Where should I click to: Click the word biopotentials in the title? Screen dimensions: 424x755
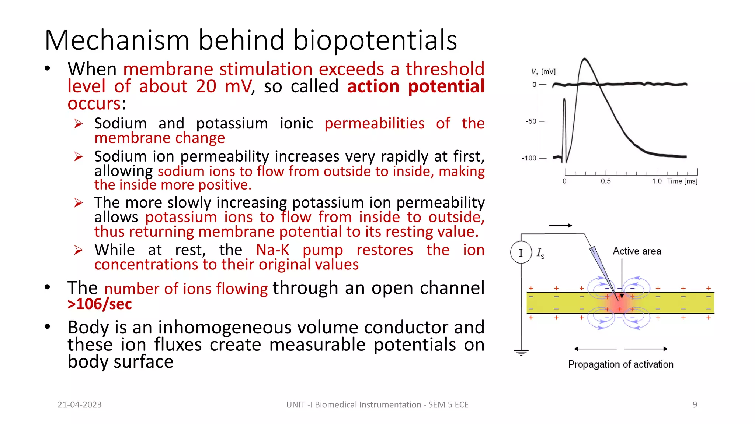[375, 40]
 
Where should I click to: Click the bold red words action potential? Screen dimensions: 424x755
[415, 86]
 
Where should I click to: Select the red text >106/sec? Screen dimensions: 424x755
[100, 304]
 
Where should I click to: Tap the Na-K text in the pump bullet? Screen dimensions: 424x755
[273, 250]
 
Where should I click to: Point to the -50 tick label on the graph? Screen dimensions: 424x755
[531, 121]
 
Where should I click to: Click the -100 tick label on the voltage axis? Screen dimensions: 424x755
[529, 158]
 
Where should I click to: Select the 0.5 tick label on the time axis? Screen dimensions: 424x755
[606, 181]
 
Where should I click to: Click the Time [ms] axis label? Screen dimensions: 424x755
[682, 181]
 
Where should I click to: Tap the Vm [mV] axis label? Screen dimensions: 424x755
[543, 71]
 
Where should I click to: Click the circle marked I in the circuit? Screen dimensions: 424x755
[521, 252]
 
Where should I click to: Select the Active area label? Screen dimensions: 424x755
[637, 251]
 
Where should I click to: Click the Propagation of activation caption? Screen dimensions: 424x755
[620, 364]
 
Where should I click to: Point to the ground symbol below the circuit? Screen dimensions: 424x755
[521, 353]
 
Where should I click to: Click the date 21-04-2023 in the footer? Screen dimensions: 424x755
[80, 405]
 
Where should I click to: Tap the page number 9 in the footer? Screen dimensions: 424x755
[695, 405]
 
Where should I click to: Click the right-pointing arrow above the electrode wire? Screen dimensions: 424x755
[560, 226]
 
